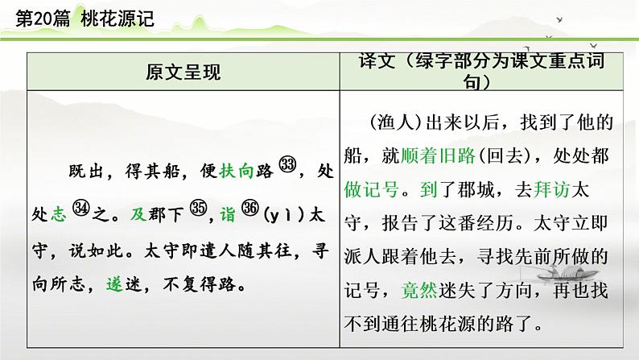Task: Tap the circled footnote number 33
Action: (287, 165)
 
